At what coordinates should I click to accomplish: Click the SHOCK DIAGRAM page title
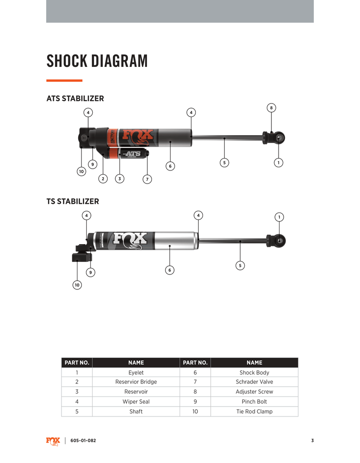(97, 61)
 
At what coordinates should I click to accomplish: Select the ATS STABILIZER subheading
(75, 99)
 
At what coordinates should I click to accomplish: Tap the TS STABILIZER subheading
(73, 201)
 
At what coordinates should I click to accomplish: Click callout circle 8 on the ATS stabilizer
(271, 108)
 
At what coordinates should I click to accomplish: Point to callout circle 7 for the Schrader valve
(147, 180)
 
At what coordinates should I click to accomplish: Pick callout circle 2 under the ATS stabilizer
(103, 179)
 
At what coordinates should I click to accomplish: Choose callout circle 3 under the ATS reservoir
(119, 179)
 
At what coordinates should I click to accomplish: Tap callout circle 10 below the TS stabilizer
(77, 285)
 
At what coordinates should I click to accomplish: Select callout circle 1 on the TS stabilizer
(279, 217)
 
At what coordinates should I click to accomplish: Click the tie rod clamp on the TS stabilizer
(81, 257)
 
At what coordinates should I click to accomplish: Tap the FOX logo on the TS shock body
(130, 240)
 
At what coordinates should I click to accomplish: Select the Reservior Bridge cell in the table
(136, 382)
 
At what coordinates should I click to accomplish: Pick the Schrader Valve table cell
(255, 382)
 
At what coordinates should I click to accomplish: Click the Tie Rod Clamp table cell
(255, 411)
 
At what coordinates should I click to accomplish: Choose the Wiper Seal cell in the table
(136, 402)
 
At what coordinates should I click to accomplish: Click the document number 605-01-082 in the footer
(83, 441)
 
